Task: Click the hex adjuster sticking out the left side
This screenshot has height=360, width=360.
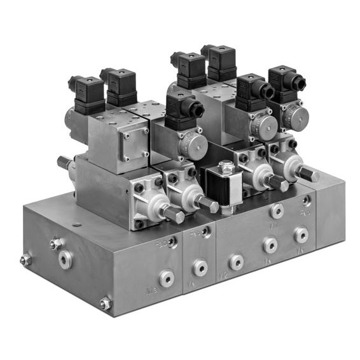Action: pos(64,163)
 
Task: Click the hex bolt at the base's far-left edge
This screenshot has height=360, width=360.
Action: pos(26,260)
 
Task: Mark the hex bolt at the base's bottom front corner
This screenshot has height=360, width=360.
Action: pos(105,304)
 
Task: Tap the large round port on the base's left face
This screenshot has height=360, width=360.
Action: pos(66,259)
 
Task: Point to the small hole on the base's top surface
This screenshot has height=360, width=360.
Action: pos(77,224)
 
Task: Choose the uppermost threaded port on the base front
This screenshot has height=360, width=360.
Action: pos(277,211)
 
